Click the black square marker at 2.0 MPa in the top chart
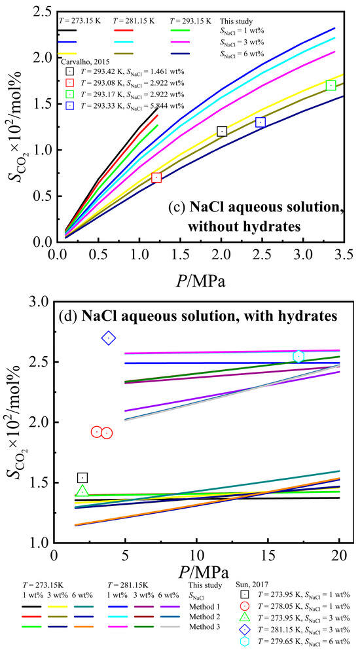pyautogui.click(x=222, y=132)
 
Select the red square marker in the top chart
pyautogui.click(x=156, y=177)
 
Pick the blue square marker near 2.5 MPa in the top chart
pyautogui.click(x=261, y=122)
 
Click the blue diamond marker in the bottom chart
pyautogui.click(x=109, y=338)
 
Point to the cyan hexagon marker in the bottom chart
pyautogui.click(x=298, y=356)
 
